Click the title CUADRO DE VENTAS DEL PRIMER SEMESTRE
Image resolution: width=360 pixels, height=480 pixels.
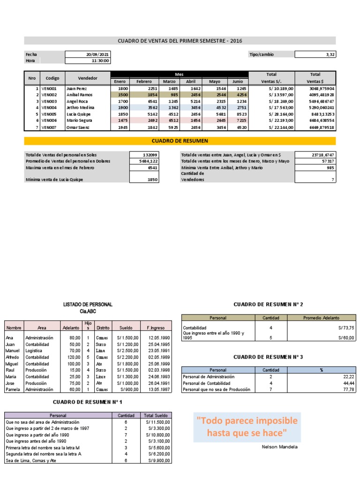pyautogui.click(x=180, y=41)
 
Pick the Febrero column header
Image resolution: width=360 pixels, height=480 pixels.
pyautogui.click(x=144, y=82)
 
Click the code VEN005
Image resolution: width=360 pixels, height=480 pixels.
pyautogui.click(x=49, y=114)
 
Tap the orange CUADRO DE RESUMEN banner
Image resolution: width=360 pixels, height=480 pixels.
pyautogui.click(x=180, y=141)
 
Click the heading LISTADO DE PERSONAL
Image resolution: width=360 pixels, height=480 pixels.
pyautogui.click(x=88, y=305)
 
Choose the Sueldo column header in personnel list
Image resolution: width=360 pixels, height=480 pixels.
pyautogui.click(x=126, y=328)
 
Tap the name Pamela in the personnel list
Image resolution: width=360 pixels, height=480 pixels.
pyautogui.click(x=13, y=389)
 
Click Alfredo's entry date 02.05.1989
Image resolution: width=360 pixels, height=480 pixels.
pyautogui.click(x=157, y=357)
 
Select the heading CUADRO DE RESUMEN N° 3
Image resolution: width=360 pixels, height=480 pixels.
pyautogui.click(x=268, y=357)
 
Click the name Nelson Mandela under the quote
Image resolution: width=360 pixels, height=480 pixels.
pyautogui.click(x=279, y=447)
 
